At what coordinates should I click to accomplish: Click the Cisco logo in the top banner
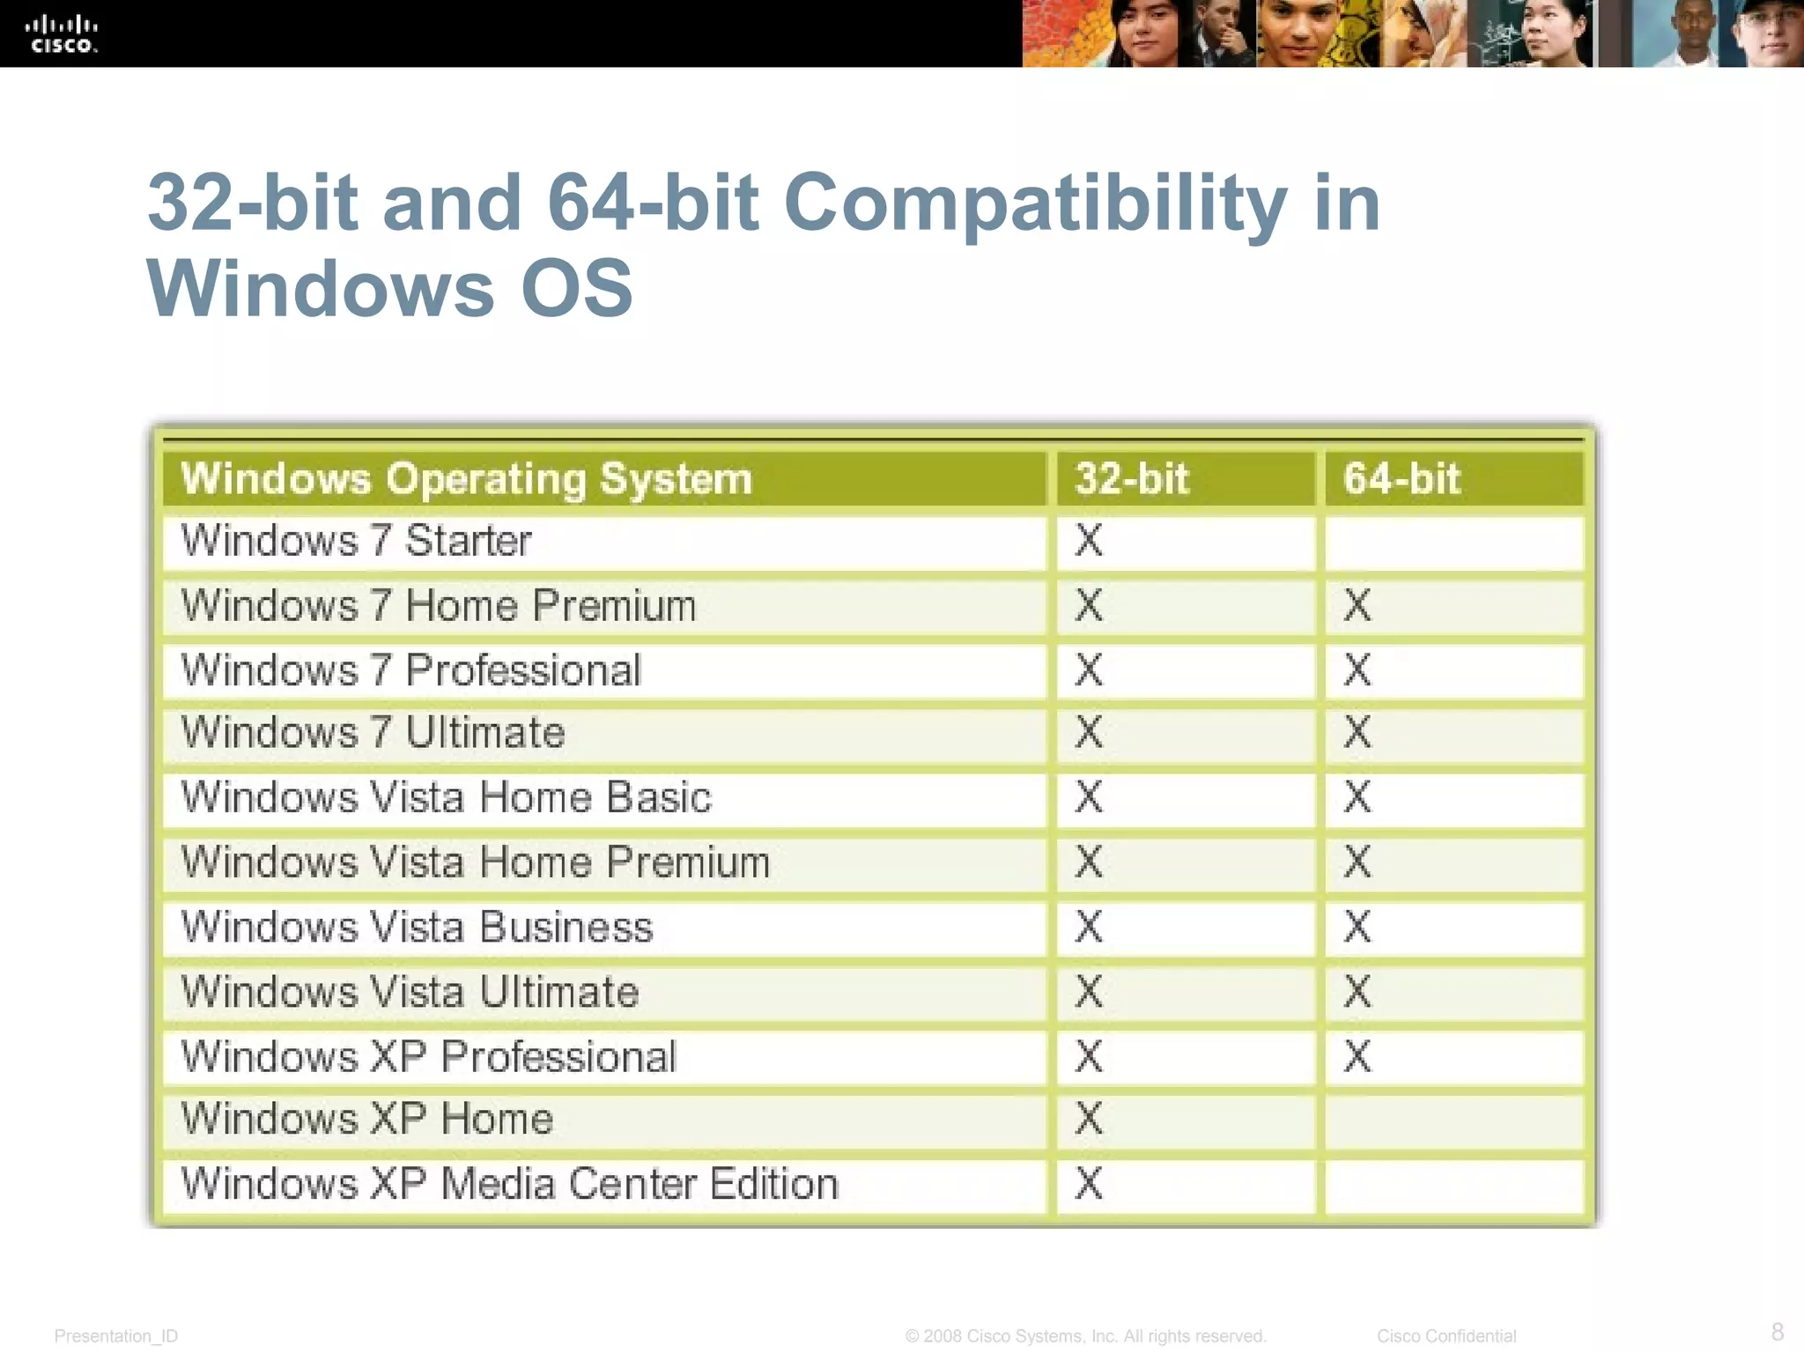tap(61, 33)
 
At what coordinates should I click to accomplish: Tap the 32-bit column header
tap(1132, 479)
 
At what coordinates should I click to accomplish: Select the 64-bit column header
tap(1401, 479)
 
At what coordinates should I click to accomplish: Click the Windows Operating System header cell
tap(466, 479)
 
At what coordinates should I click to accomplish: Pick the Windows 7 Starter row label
tap(356, 541)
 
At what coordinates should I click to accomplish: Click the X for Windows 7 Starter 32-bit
tap(1089, 541)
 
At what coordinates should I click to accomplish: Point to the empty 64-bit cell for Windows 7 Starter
tap(1453, 543)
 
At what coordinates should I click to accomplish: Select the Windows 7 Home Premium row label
tap(438, 606)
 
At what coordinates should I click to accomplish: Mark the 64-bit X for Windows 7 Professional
tap(1357, 670)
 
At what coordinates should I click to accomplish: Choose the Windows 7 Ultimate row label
tap(373, 733)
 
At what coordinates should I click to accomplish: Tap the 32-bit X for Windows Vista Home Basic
tap(1089, 797)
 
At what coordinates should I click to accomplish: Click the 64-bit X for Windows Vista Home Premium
tap(1357, 862)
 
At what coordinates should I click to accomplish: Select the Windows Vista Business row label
tap(417, 928)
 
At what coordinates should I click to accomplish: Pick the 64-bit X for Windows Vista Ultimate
tap(1357, 992)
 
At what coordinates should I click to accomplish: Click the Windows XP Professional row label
tap(428, 1057)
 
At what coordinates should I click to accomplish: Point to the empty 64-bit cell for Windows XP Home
tap(1453, 1120)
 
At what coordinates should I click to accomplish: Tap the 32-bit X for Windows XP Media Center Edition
tap(1089, 1184)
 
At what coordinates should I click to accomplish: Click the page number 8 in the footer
tap(1777, 1331)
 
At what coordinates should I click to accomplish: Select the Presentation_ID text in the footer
tap(115, 1336)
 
